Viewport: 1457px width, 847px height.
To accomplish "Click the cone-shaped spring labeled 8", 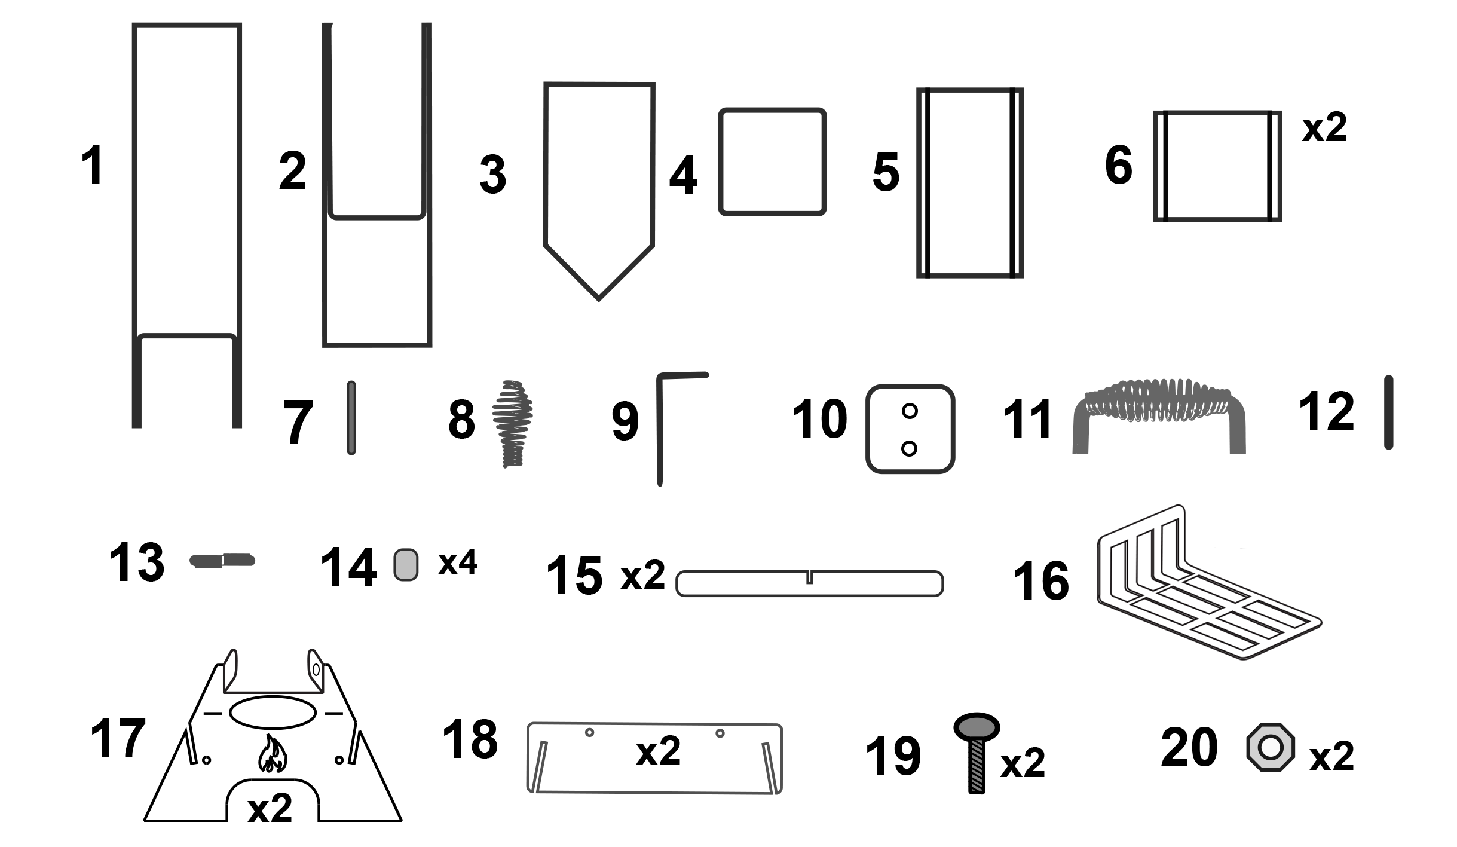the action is point(512,423).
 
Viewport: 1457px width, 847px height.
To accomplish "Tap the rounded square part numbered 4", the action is point(772,162).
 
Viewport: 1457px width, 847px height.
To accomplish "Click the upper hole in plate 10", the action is point(910,411).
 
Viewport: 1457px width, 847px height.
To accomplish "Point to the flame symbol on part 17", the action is point(273,754).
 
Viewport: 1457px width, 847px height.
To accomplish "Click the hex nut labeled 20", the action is point(1270,748).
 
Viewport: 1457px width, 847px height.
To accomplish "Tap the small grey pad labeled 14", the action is point(406,565).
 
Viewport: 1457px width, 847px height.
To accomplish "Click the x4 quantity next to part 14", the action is point(458,563).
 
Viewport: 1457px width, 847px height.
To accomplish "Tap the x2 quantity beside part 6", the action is point(1324,128).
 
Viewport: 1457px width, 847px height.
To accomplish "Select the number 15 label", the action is point(574,576).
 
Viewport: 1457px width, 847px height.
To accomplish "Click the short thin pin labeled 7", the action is point(351,418).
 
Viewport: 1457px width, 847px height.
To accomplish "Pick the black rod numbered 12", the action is point(1388,412).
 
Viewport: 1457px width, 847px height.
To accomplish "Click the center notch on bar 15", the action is point(810,577).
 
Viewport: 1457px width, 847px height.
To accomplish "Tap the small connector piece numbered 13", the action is point(222,561).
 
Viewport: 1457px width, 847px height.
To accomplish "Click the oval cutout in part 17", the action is point(273,712).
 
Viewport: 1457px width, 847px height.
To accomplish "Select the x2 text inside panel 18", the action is point(658,751).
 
